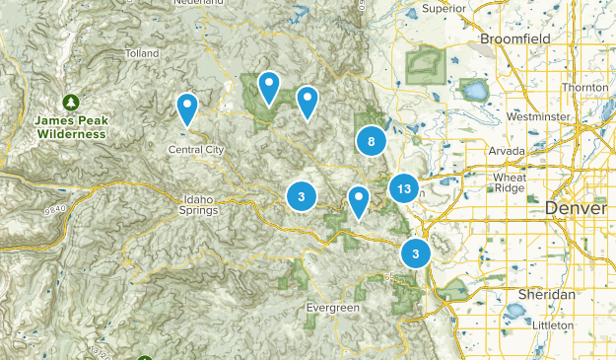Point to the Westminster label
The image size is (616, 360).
pos(537,116)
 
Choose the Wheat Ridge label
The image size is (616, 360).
pos(510,181)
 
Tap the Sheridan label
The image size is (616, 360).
pos(546,295)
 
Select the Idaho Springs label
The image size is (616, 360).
pos(199,204)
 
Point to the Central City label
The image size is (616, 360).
pos(196,150)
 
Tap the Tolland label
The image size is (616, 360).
pos(143,53)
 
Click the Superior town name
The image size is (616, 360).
pos(443,9)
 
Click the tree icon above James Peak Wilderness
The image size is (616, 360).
pos(70,102)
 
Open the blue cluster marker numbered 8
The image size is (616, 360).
pos(371,141)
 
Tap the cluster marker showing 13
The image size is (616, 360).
pos(403,188)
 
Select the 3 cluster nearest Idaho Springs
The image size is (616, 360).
pos(301,196)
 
